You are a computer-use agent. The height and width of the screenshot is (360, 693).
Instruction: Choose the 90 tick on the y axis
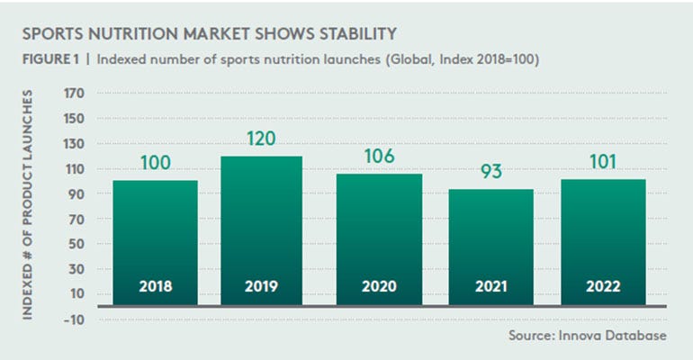click(74, 193)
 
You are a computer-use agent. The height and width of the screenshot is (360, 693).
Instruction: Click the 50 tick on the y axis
click(74, 244)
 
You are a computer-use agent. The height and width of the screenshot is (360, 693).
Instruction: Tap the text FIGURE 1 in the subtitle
click(48, 61)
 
